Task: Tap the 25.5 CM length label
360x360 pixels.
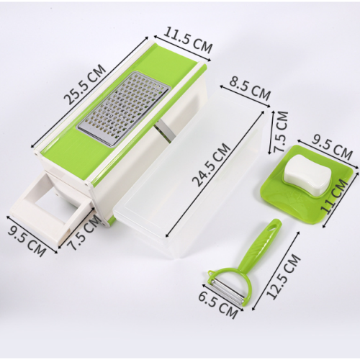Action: (84, 84)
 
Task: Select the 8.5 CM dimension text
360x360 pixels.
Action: (250, 89)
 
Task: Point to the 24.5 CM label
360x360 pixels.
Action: (212, 165)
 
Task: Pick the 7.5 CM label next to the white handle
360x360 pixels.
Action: (83, 232)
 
